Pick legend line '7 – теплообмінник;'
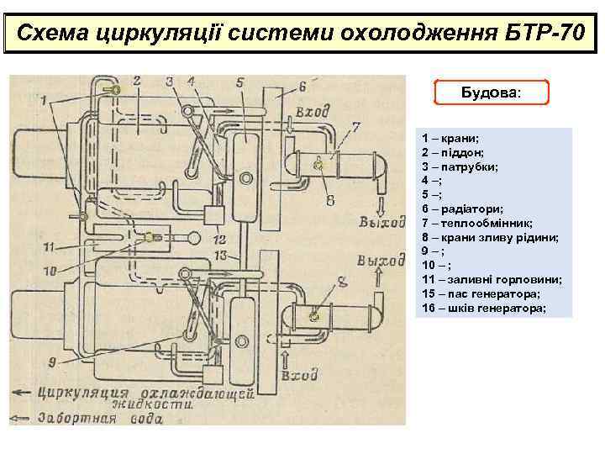tap(477, 223)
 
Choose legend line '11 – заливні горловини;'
tap(492, 279)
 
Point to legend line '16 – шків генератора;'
tap(484, 308)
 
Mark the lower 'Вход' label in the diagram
tap(300, 374)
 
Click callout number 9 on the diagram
tap(53, 362)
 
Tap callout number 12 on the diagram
tap(220, 229)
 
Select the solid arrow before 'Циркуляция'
tap(23, 392)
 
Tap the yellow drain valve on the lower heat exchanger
tap(316, 316)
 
